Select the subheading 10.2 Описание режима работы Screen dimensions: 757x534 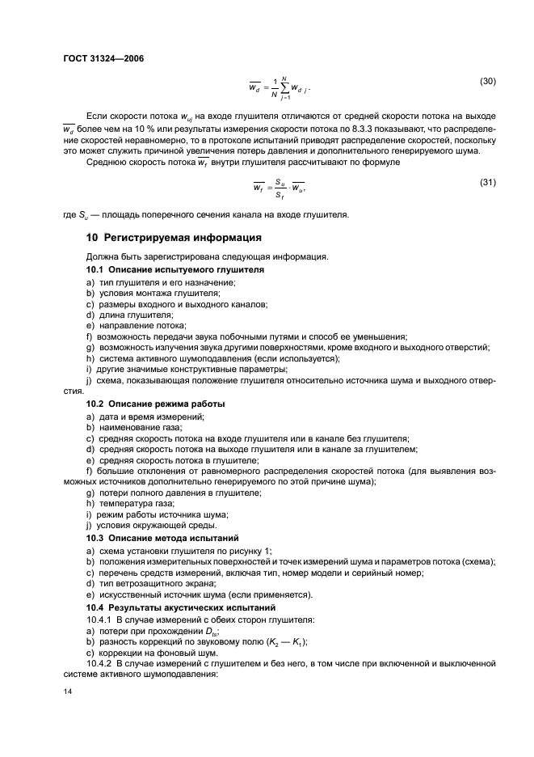[x=155, y=403]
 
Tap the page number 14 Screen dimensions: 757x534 [x=68, y=691]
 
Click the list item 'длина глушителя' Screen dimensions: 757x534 [x=129, y=314]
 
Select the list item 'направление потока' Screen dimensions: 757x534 [x=134, y=325]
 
